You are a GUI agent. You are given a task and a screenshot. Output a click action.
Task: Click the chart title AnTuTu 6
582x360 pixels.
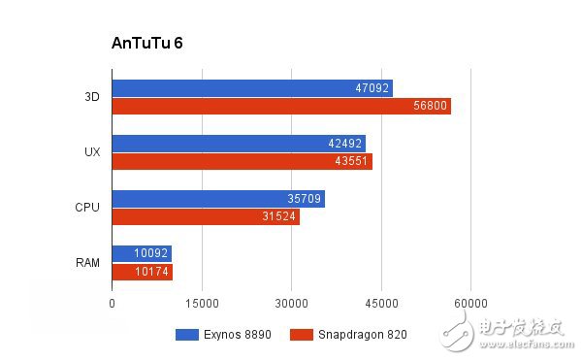coord(145,45)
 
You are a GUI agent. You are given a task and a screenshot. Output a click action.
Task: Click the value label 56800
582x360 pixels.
coord(429,106)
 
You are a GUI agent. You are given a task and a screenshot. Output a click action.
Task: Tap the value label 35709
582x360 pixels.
coord(303,199)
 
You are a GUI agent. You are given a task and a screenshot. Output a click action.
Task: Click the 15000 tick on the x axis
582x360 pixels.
coord(202,305)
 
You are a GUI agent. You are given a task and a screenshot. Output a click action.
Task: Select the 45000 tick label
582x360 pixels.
coord(381,305)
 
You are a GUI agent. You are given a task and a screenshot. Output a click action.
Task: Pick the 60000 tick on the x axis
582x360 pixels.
coord(470,305)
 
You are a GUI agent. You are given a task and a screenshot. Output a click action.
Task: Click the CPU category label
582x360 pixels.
coord(87,208)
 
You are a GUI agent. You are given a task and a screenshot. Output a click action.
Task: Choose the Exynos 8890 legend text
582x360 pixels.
coord(238,335)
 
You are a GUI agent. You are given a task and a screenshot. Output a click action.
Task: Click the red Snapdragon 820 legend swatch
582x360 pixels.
coord(302,335)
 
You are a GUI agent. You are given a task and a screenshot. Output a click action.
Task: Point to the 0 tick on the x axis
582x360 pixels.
coord(113,305)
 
